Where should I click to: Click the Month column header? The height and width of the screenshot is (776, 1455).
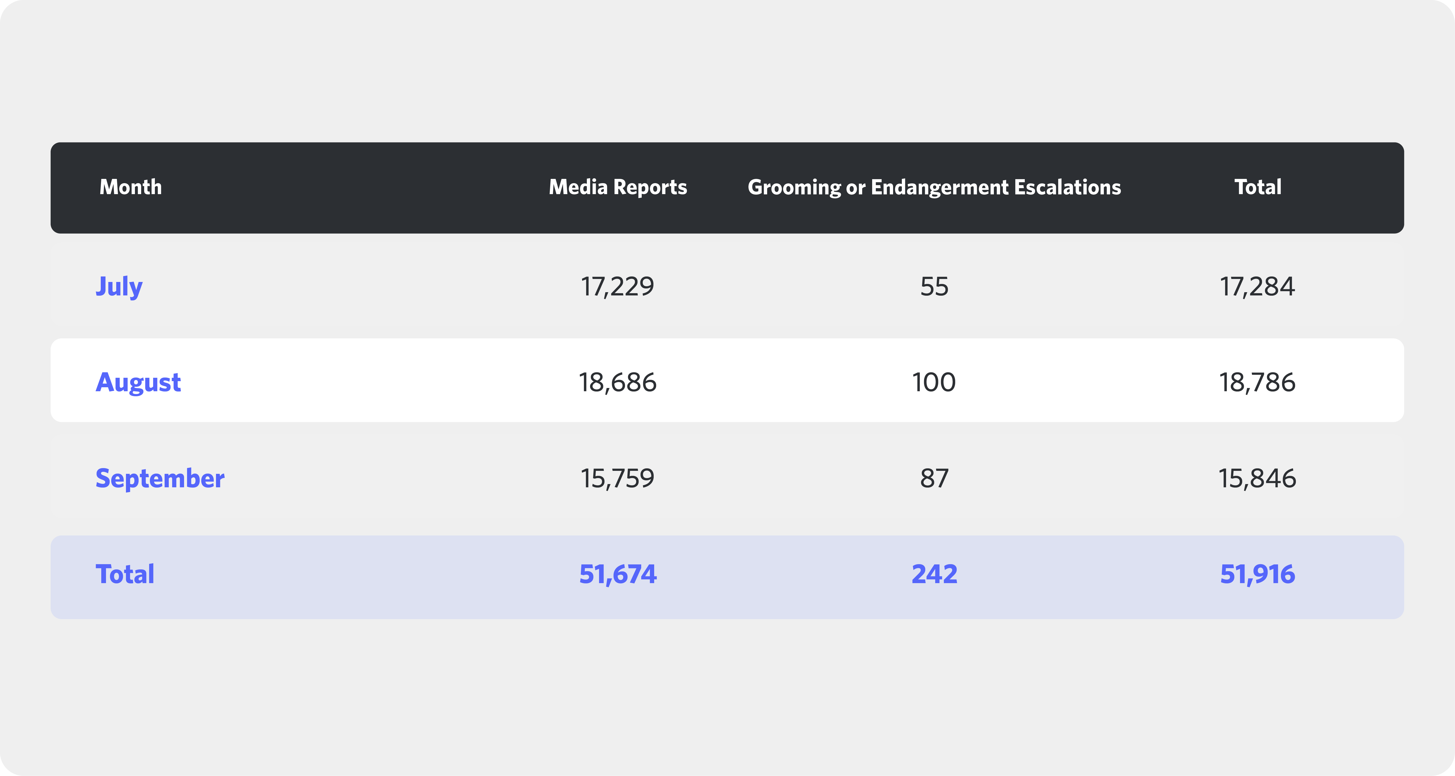click(x=130, y=187)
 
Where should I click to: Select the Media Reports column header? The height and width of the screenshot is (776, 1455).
click(x=618, y=187)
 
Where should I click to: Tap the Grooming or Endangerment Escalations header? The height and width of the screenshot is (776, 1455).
click(x=934, y=187)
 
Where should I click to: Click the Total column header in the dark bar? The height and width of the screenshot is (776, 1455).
click(x=1258, y=187)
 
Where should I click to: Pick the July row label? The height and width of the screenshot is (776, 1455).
click(x=119, y=286)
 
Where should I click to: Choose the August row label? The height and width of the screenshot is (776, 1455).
click(x=138, y=383)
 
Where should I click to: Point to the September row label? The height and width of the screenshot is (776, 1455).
click(x=160, y=479)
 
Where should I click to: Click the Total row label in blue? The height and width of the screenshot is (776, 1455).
click(x=125, y=574)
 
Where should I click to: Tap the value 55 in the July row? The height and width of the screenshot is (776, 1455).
click(x=934, y=286)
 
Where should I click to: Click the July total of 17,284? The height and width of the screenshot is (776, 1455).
click(x=1257, y=286)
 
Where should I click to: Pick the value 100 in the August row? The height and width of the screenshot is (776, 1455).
click(x=934, y=383)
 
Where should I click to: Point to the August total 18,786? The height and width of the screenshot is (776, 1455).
click(x=1257, y=383)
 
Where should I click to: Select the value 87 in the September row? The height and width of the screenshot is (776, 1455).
click(x=934, y=479)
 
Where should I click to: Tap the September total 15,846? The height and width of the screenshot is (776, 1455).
click(x=1257, y=479)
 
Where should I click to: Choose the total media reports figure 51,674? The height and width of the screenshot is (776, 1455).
click(x=618, y=574)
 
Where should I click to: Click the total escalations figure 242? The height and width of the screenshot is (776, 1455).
click(x=934, y=574)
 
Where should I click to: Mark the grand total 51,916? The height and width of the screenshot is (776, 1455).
click(x=1257, y=574)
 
